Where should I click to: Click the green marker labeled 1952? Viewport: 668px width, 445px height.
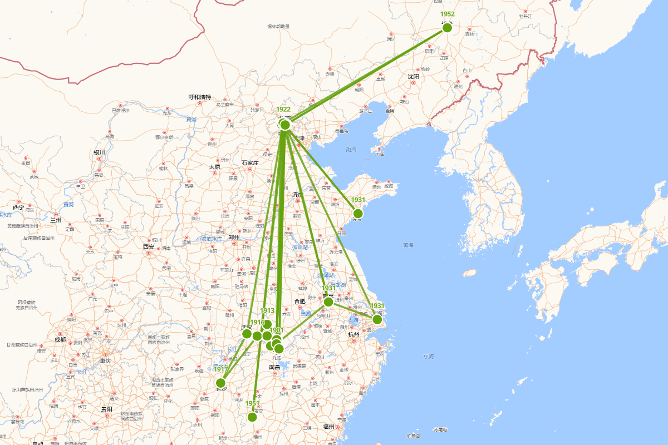447,28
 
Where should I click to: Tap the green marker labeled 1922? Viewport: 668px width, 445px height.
285,125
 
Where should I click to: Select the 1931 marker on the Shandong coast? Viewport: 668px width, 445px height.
358,214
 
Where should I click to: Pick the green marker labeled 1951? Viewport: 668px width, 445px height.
252,417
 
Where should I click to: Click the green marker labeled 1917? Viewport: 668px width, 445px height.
220,383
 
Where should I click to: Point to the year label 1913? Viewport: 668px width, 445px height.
267,310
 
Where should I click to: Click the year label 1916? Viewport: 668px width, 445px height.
257,323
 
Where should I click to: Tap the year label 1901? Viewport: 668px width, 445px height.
277,330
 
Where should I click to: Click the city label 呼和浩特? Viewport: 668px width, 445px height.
200,97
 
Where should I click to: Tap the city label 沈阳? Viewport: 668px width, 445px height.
413,77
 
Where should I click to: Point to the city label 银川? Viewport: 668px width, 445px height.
100,152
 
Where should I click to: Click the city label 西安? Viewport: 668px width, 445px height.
148,246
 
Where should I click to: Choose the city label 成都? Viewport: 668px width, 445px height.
60,339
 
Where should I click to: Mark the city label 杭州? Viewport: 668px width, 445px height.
354,334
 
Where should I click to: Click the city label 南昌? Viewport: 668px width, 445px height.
275,367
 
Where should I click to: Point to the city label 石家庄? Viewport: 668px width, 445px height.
250,163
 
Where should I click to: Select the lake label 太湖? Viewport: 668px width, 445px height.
353,320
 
